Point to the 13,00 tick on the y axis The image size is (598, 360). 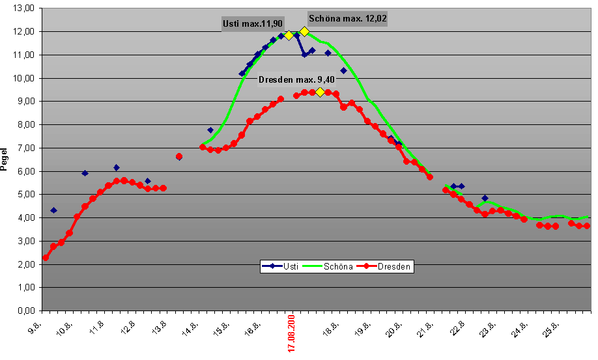coord(24,8)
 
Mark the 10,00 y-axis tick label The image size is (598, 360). coord(24,78)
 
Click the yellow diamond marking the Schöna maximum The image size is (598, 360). coord(304,31)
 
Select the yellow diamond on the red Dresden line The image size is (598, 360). coord(320,92)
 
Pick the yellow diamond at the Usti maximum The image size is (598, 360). coord(289,35)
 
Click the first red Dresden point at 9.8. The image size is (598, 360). coord(46,258)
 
